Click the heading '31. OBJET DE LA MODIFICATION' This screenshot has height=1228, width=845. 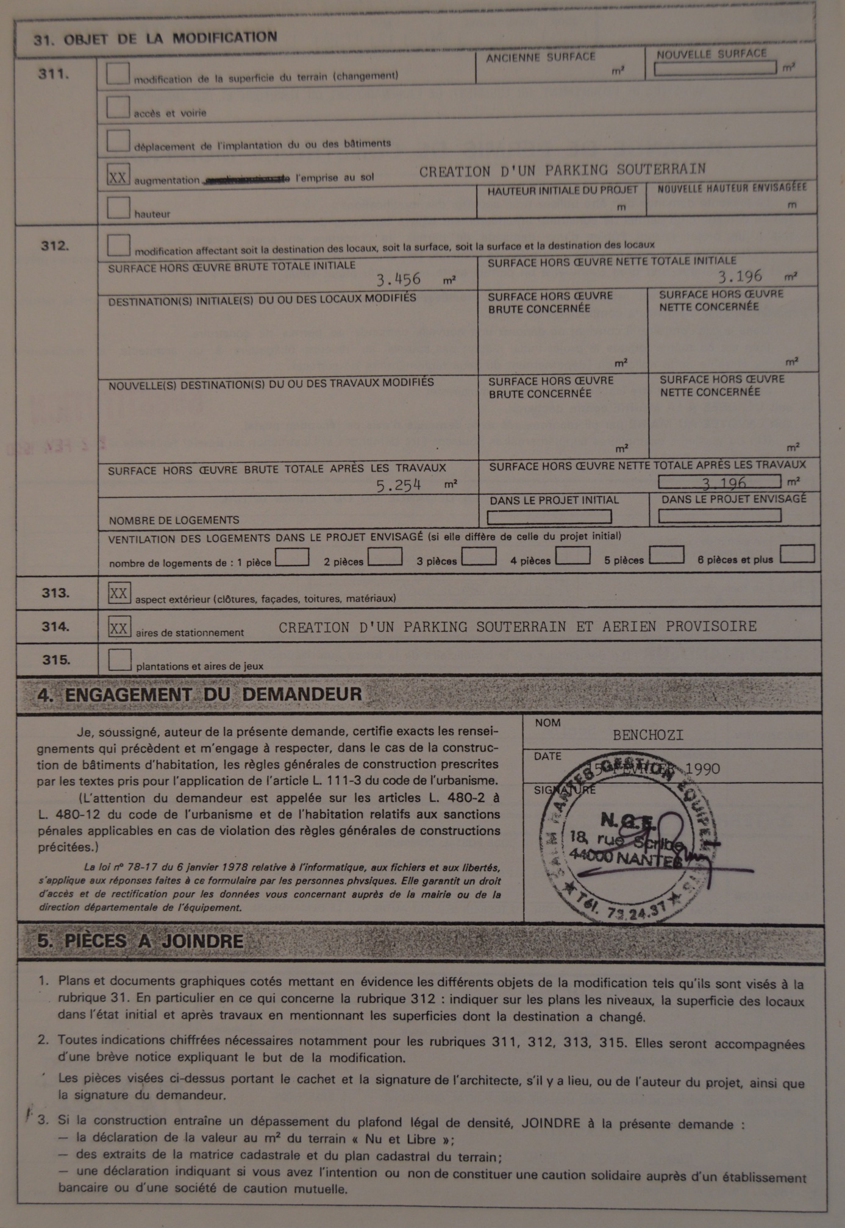point(155,38)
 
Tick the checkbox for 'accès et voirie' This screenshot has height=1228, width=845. point(118,107)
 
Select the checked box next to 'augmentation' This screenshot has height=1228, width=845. point(118,176)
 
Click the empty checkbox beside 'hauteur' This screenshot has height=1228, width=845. point(118,208)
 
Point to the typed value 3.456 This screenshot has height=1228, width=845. point(398,280)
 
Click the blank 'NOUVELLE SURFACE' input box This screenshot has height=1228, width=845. point(715,68)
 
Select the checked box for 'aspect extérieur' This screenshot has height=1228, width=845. point(119,593)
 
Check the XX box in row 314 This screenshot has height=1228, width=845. point(119,627)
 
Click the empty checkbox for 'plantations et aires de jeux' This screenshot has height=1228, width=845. point(119,660)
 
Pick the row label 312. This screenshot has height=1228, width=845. point(55,246)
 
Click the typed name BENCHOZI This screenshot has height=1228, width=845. point(648,735)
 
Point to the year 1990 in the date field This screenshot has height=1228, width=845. point(702,769)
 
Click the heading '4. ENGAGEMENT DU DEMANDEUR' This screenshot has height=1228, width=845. point(199,695)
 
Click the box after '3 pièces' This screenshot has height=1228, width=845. point(479,557)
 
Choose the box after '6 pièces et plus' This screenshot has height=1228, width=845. point(797,554)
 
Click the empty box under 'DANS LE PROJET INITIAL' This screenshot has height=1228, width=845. point(549,517)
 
